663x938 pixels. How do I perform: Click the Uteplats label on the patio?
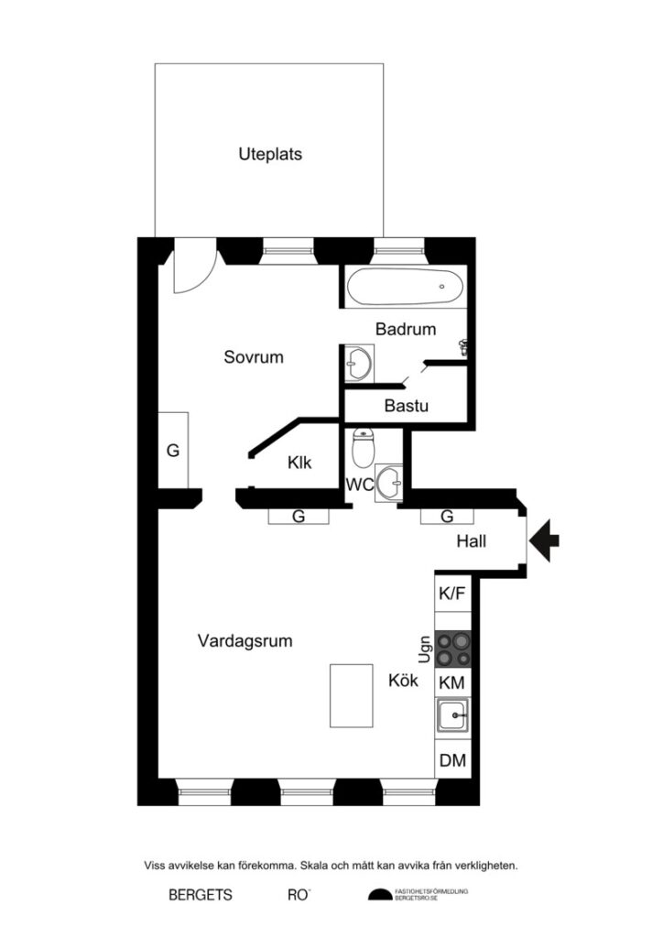pyautogui.click(x=270, y=155)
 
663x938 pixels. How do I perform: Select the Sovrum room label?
pyautogui.click(x=254, y=357)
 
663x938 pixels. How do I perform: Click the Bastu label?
pyautogui.click(x=407, y=404)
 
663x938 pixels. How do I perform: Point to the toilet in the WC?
pyautogui.click(x=364, y=448)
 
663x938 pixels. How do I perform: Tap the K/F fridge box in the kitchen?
pyautogui.click(x=452, y=594)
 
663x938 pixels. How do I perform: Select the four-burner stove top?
pyautogui.click(x=452, y=649)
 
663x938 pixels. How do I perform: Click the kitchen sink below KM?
pyautogui.click(x=452, y=714)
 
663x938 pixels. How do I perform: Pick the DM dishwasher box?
pyautogui.click(x=452, y=759)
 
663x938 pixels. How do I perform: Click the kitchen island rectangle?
pyautogui.click(x=352, y=695)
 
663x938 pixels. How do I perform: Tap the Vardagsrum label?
pyautogui.click(x=245, y=641)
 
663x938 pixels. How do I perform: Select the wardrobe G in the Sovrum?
pyautogui.click(x=172, y=451)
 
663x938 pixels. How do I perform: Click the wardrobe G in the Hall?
pyautogui.click(x=447, y=517)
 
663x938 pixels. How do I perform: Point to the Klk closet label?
pyautogui.click(x=299, y=463)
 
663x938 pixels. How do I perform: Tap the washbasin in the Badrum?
pyautogui.click(x=356, y=362)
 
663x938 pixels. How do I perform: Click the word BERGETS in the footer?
pyautogui.click(x=201, y=895)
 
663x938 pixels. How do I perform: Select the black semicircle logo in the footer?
pyautogui.click(x=378, y=895)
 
